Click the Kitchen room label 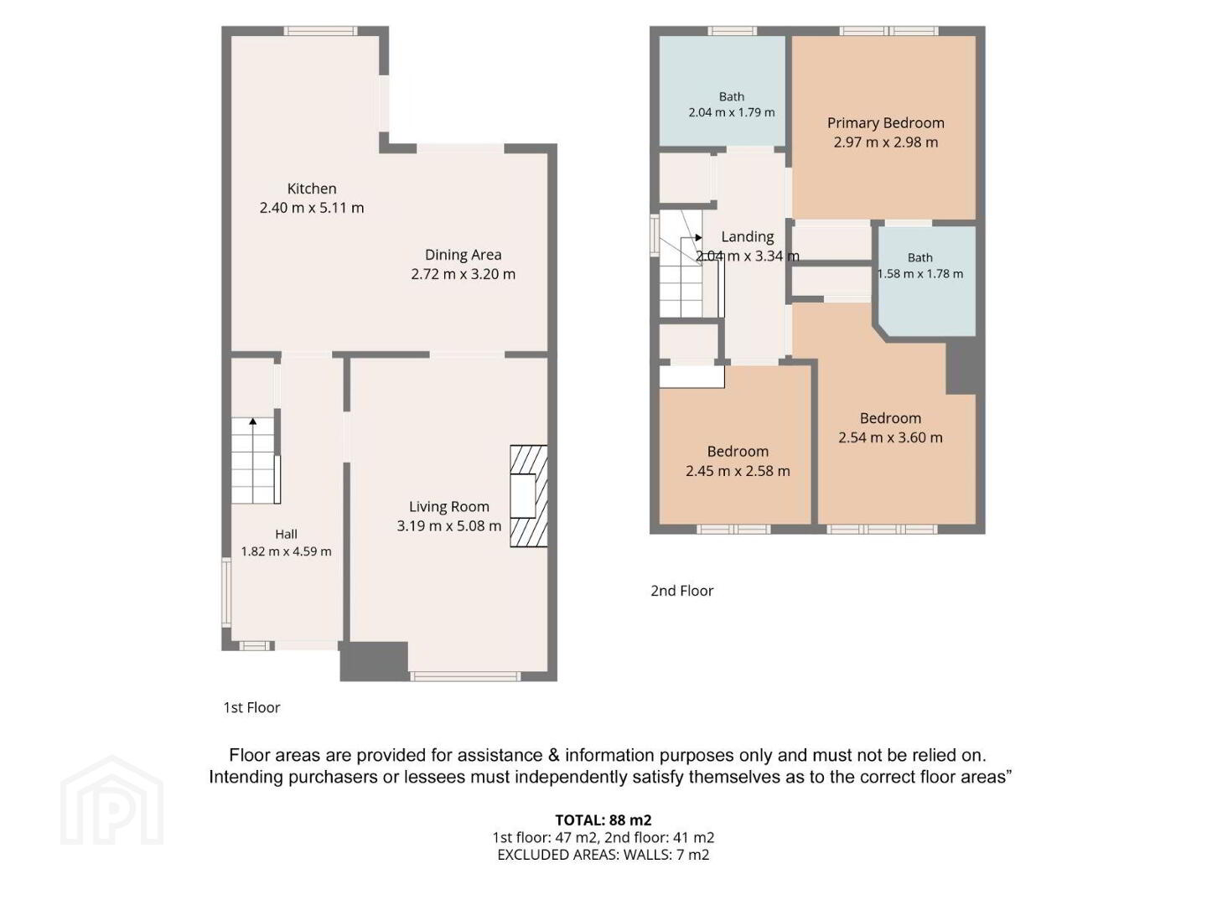point(311,189)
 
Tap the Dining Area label point(463,255)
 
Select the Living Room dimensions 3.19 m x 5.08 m point(448,526)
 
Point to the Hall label point(286,534)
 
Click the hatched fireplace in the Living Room point(528,495)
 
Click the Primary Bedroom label point(885,123)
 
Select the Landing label point(748,237)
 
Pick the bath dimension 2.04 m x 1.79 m point(732,112)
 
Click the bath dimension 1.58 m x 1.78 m point(920,274)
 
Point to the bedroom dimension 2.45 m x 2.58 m point(738,471)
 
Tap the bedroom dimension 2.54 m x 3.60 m point(890,437)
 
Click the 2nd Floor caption point(681,591)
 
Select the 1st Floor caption point(251,707)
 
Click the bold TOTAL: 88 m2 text point(603,820)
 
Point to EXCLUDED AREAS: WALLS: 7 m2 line point(603,855)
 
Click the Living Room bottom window point(465,676)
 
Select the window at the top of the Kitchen point(320,31)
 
